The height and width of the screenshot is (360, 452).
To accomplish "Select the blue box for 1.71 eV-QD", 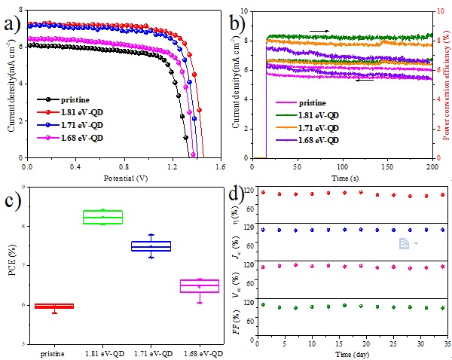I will pyautogui.click(x=151, y=246).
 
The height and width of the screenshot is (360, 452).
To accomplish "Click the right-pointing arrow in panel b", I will pyautogui.click(x=320, y=31).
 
